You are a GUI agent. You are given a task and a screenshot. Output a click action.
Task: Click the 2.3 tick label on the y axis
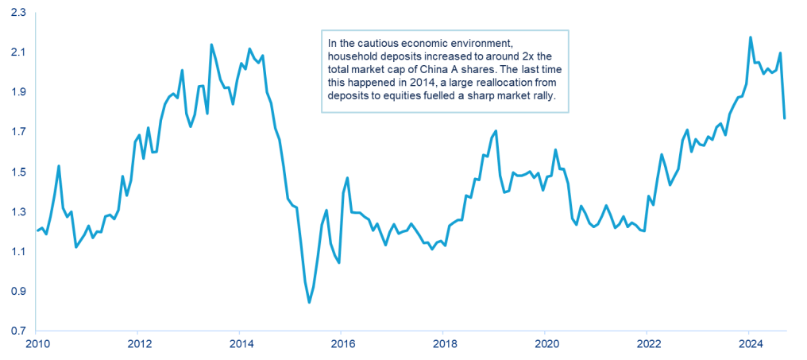(17, 13)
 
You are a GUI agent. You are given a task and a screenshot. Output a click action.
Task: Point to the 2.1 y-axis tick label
(17, 52)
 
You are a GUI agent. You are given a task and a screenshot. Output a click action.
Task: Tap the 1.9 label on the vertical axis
(17, 92)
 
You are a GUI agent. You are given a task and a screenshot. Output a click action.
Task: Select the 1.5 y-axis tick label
(17, 172)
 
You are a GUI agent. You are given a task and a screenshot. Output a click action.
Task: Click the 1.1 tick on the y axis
(17, 252)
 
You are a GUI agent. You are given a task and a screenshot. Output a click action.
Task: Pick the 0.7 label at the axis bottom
(17, 331)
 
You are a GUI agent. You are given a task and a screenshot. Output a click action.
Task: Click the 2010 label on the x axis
(37, 345)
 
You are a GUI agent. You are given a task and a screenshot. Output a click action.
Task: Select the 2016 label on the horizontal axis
(342, 345)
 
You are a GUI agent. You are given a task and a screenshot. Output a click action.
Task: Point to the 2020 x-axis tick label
(545, 345)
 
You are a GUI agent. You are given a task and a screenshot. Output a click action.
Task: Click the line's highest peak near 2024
(751, 37)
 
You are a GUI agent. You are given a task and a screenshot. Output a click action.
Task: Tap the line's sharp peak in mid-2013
(211, 45)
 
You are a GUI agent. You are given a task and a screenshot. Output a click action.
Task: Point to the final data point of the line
(785, 118)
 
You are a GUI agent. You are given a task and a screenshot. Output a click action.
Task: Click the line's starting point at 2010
(37, 231)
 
